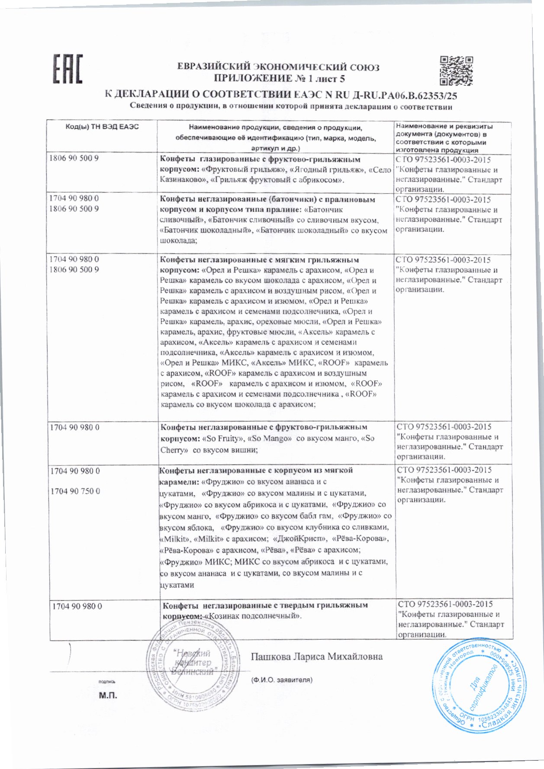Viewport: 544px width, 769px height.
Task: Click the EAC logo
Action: coord(67,68)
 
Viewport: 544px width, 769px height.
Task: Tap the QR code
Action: coord(456,70)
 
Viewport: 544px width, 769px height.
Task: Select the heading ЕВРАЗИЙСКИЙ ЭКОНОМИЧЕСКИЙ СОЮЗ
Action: coord(278,67)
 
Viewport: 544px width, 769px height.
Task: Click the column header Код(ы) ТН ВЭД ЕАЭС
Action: coord(102,127)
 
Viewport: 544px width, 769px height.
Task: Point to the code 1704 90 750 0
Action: coord(75,491)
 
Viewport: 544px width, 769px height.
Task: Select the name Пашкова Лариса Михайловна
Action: coord(317,657)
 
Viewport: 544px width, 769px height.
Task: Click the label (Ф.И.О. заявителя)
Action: coord(282,679)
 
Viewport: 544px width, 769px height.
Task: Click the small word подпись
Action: coord(106,682)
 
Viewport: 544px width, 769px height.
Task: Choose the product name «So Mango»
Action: coord(269,439)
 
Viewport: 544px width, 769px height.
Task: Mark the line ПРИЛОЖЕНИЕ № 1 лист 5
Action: coord(279,79)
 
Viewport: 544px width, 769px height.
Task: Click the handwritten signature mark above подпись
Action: coord(70,656)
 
